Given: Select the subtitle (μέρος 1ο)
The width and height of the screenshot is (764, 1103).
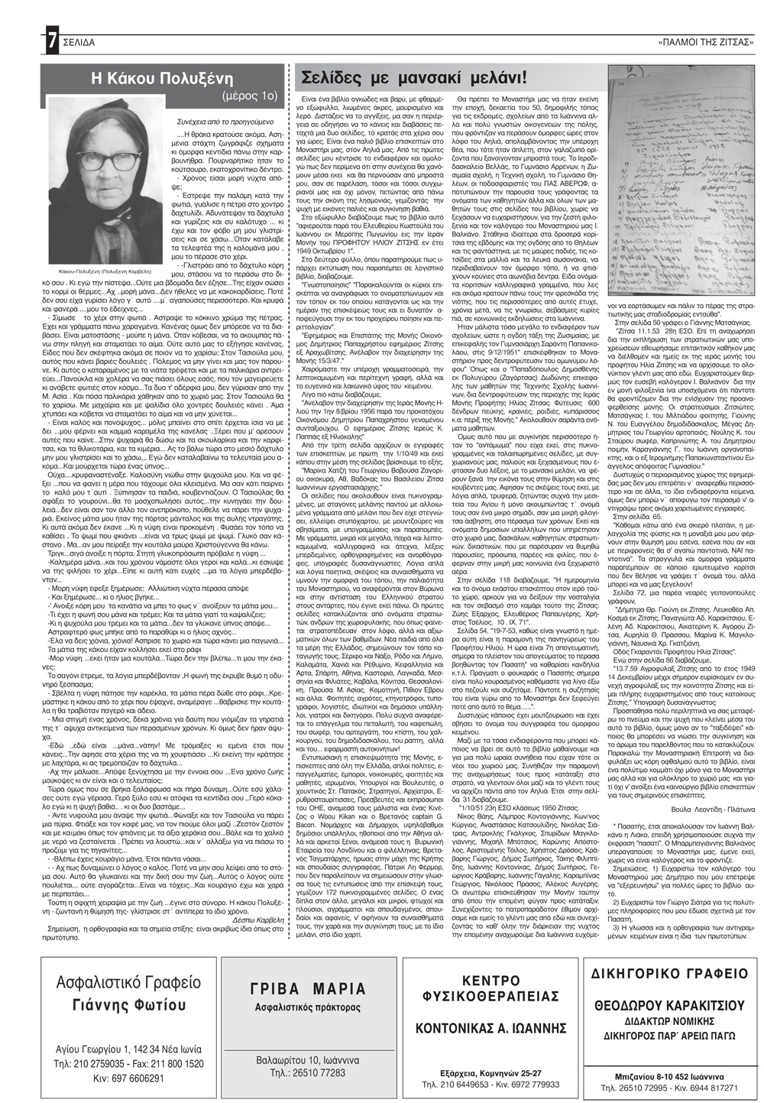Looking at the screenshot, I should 244,97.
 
